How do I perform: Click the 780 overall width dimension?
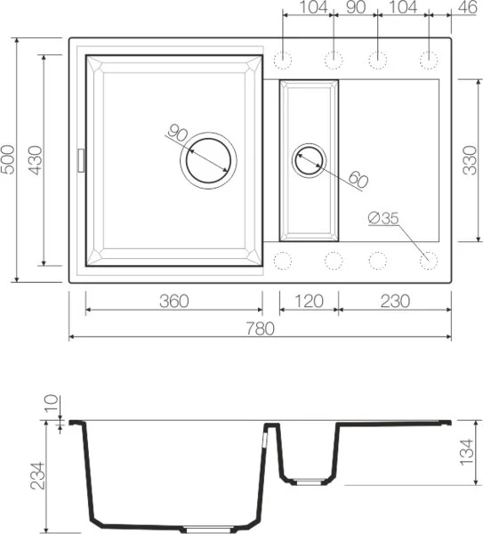(260, 328)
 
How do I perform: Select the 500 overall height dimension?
(10, 161)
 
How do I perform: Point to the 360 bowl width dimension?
(173, 301)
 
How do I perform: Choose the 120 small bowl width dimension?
(309, 301)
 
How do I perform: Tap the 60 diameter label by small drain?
(358, 179)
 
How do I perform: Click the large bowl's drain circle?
(209, 161)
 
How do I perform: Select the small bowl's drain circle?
(310, 160)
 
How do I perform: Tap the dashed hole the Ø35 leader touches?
(429, 260)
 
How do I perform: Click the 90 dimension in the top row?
(356, 8)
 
